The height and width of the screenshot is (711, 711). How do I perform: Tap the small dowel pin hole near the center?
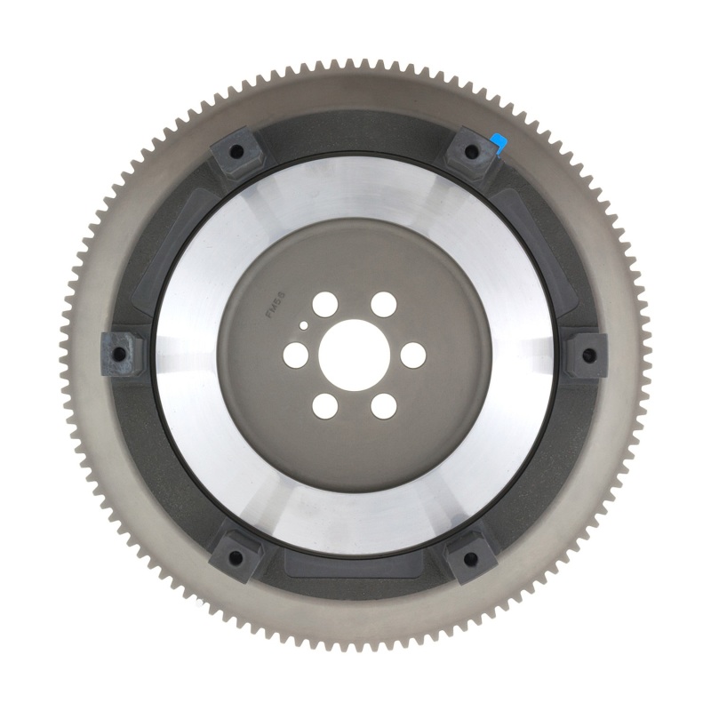pos(305,326)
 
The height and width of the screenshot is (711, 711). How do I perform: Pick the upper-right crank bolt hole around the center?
pos(384,302)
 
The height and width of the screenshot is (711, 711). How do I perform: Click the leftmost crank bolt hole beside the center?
pos(292,355)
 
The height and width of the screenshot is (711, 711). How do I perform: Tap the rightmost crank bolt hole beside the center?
pos(414,355)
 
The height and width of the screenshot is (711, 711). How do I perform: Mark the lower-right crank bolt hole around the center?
pos(384,406)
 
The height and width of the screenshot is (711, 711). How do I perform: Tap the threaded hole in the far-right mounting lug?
pos(587,355)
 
